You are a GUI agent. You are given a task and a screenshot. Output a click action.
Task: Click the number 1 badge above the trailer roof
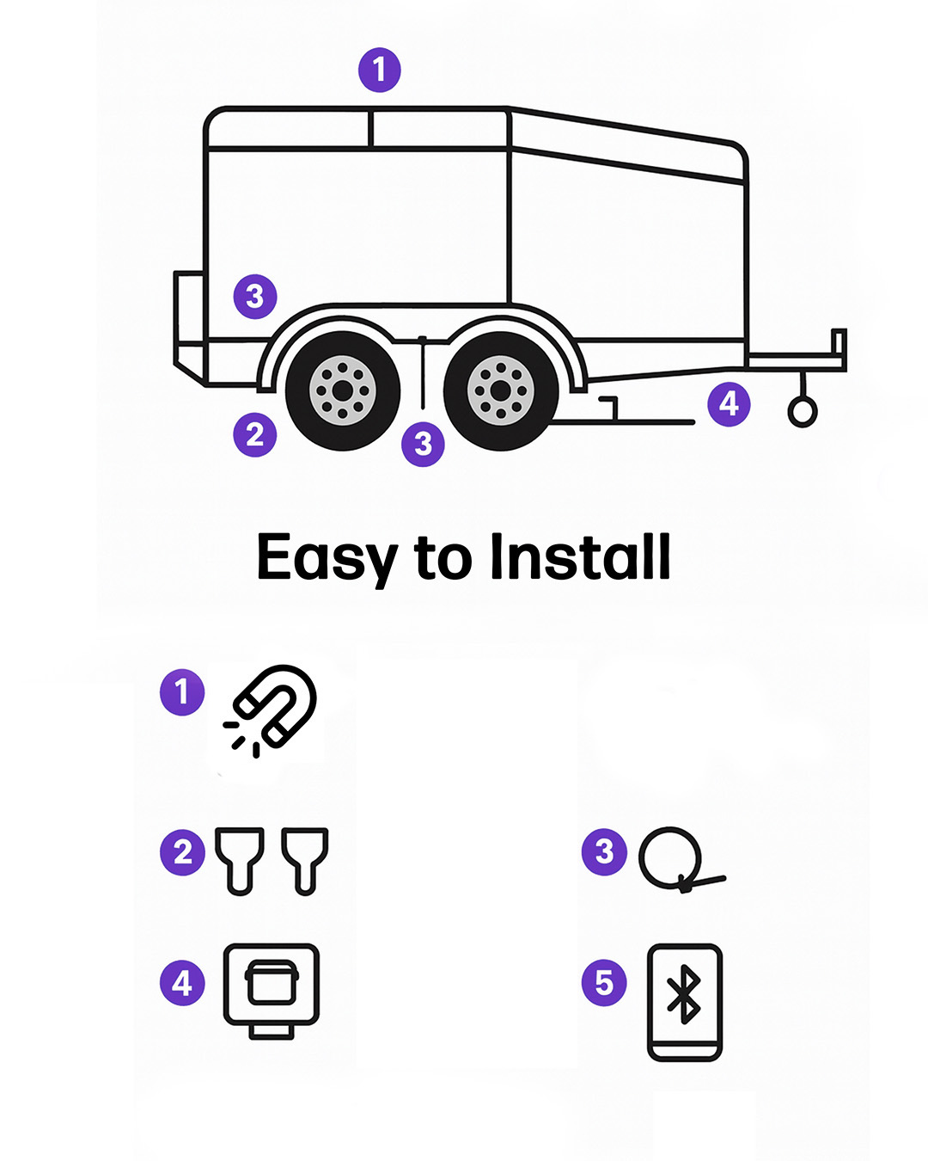coord(380,70)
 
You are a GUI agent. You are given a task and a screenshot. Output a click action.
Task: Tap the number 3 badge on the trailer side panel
coord(255,297)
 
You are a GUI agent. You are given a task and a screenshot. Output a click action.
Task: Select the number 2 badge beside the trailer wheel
coord(255,435)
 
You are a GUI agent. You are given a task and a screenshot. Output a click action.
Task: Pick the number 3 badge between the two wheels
coord(423,444)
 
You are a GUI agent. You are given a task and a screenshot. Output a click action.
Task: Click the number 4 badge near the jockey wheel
coord(729,403)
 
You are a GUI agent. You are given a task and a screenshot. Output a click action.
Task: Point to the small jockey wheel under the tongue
coord(803,412)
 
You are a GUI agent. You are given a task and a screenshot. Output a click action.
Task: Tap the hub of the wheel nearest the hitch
coord(500,391)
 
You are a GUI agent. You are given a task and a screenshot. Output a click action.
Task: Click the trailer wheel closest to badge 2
coord(343,391)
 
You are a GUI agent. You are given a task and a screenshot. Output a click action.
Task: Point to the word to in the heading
coord(443,558)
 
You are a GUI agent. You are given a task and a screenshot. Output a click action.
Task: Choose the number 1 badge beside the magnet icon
coord(182,691)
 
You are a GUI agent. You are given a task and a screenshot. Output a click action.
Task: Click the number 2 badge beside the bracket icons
coord(182,852)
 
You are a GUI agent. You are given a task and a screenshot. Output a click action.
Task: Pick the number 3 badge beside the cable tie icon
coord(604,851)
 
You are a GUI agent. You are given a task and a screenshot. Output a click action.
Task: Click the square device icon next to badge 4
coord(272,988)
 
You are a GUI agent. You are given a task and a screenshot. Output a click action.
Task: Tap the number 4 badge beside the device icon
coord(182,982)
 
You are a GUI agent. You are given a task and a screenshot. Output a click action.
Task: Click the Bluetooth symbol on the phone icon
coord(684,994)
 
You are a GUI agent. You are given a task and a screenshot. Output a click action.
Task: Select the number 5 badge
coord(604,982)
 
